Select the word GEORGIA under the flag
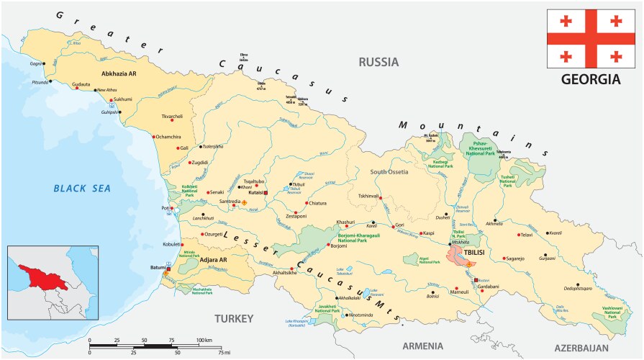(x=590, y=78)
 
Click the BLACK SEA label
(x=82, y=189)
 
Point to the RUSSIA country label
(x=378, y=62)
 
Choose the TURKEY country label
(x=234, y=318)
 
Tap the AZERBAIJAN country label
(x=586, y=347)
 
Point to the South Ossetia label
(x=389, y=172)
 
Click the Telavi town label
(x=527, y=235)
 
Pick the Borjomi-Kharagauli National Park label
(x=362, y=237)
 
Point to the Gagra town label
(x=35, y=63)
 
